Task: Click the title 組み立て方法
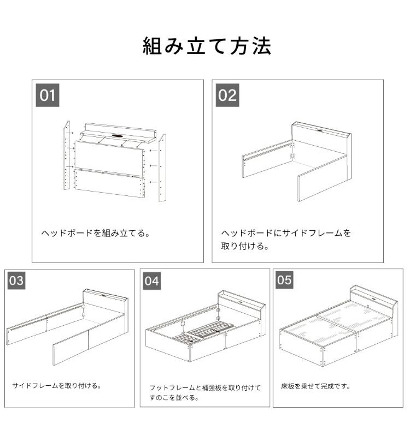point(207,46)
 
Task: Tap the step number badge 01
point(48,95)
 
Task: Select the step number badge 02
point(227,95)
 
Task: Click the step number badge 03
point(16,280)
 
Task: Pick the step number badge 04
point(151,281)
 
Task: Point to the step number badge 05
point(284,280)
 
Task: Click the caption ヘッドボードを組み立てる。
point(96,233)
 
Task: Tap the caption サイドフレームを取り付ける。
point(57,386)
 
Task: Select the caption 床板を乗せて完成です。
point(315,386)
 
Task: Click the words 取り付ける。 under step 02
point(245,246)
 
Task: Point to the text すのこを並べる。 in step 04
point(174,398)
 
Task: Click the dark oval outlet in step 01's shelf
point(118,136)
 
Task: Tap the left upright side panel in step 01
point(67,155)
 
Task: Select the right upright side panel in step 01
point(162,168)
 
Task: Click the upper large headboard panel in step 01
point(109,158)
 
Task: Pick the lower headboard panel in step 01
point(109,183)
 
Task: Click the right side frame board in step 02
point(323,178)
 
